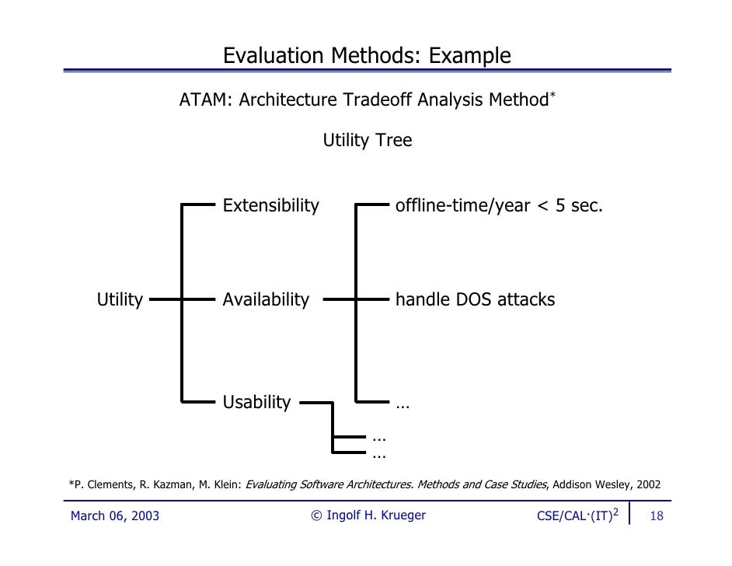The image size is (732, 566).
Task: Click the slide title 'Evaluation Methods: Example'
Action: (x=367, y=56)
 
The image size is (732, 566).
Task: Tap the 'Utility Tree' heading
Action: (x=367, y=141)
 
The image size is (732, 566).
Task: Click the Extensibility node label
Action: (x=270, y=206)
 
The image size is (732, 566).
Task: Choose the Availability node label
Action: (x=266, y=299)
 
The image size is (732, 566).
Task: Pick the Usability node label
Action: (x=256, y=403)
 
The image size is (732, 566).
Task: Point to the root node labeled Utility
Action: (x=120, y=299)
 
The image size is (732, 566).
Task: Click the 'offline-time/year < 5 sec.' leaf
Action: (x=499, y=206)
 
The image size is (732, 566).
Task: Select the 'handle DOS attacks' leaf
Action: (x=475, y=299)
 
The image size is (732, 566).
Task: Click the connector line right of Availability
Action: (x=338, y=299)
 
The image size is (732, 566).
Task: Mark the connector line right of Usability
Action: (x=315, y=404)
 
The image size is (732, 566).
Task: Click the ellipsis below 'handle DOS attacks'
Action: (x=403, y=404)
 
